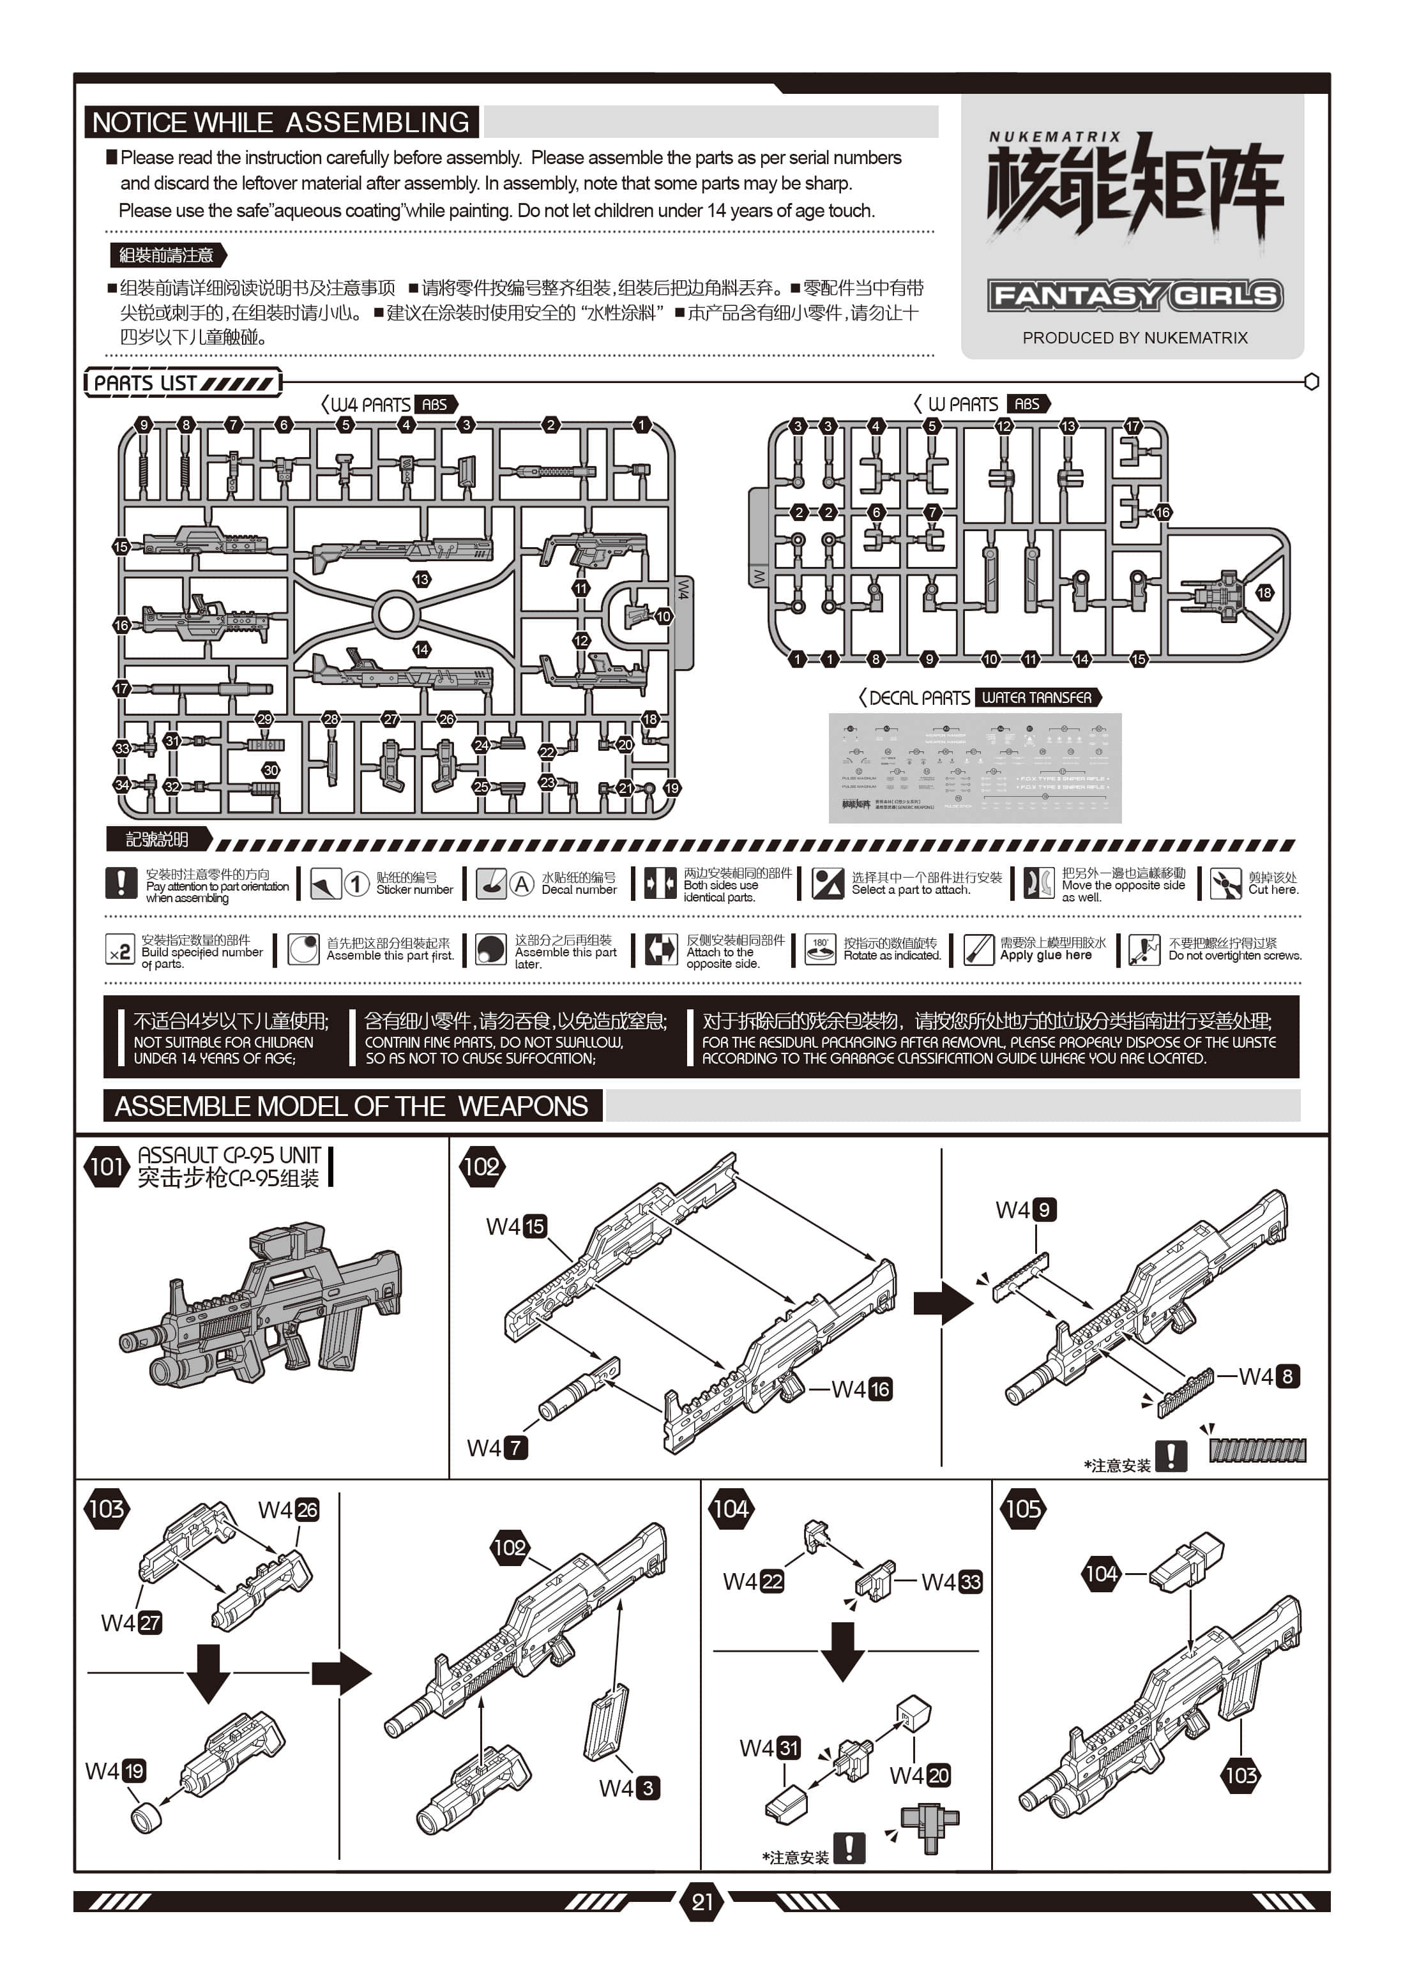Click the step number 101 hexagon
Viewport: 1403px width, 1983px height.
106,1167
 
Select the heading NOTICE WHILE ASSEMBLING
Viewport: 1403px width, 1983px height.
281,122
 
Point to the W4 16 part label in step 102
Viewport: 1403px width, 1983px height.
861,1389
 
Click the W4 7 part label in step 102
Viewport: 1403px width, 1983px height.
497,1447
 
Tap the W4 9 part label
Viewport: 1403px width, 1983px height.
1026,1209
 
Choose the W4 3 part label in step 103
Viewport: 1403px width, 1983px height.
629,1788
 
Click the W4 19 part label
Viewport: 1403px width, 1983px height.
115,1772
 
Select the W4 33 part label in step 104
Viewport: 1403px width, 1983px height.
951,1581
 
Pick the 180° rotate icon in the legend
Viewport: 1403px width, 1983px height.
820,949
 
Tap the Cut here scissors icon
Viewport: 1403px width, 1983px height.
1225,884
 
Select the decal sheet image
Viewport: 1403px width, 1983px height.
975,768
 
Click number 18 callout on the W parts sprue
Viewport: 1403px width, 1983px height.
1264,592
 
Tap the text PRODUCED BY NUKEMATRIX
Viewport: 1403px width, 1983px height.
1134,338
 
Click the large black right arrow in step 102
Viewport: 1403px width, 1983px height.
943,1302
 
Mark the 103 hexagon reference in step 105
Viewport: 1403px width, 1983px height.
1241,1776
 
